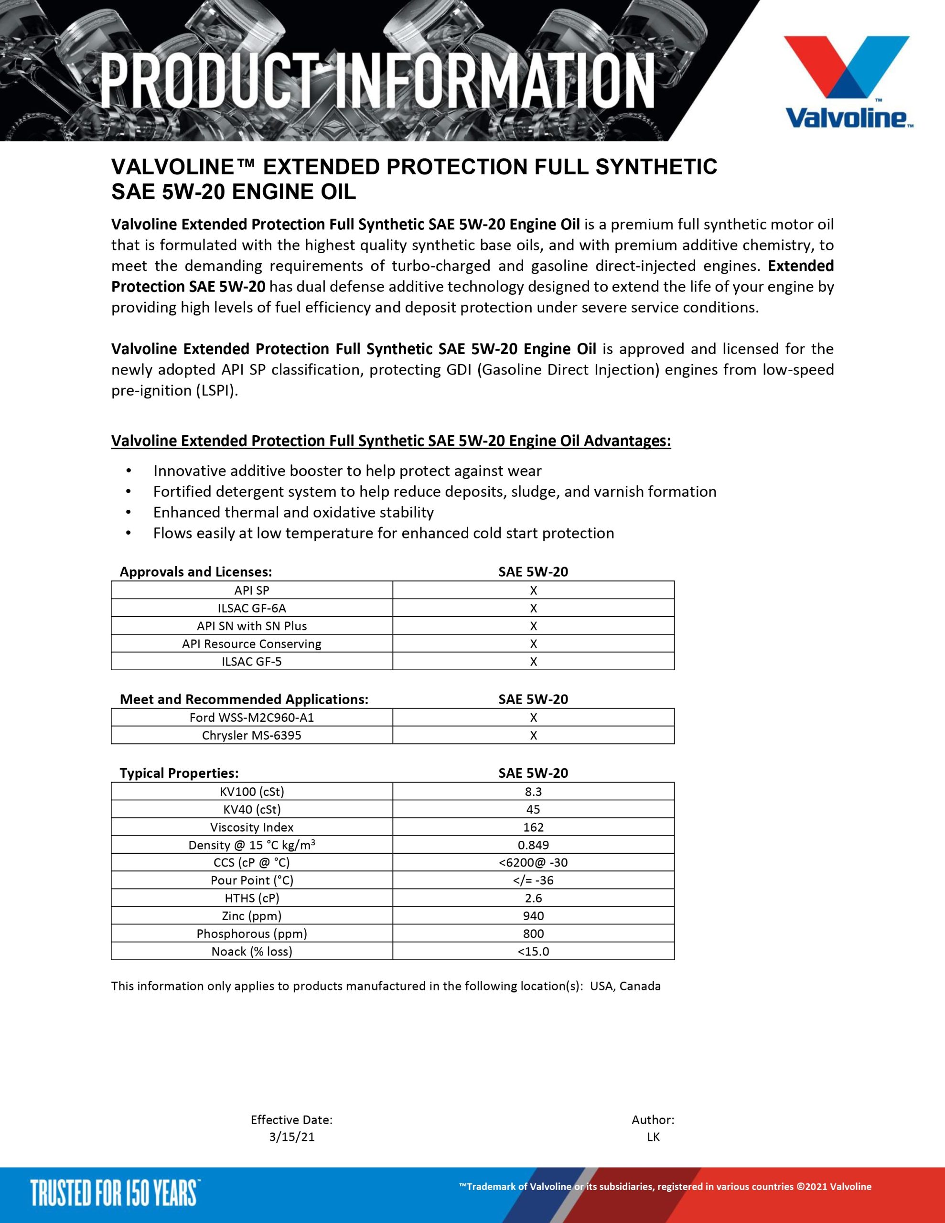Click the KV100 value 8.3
(x=533, y=791)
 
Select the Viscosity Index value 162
(x=533, y=827)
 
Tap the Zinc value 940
(x=533, y=915)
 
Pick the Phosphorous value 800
(x=533, y=933)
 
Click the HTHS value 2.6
(x=533, y=898)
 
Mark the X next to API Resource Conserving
(x=533, y=644)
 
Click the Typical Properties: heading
(x=179, y=773)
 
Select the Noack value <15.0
(x=533, y=952)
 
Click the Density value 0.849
(x=533, y=845)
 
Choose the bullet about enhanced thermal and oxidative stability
(x=293, y=513)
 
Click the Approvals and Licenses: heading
(x=196, y=572)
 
